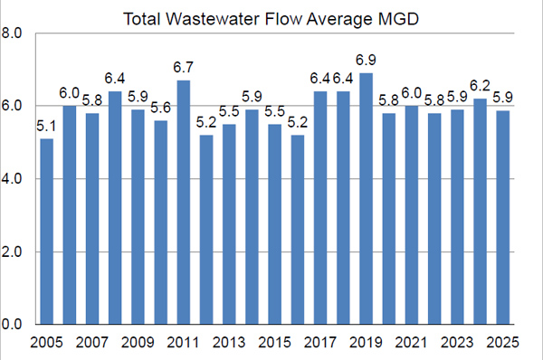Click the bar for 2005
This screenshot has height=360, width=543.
(47, 232)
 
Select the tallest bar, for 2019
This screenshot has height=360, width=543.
(366, 199)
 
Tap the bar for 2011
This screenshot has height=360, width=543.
(184, 203)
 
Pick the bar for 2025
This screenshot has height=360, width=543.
(502, 217)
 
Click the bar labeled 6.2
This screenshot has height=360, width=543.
(480, 212)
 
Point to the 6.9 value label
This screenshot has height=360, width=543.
(366, 64)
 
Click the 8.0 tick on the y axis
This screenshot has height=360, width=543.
(12, 34)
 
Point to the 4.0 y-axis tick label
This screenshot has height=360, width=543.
(12, 179)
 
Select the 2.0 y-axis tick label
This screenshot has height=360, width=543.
(12, 251)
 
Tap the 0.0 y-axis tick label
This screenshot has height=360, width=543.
(12, 324)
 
